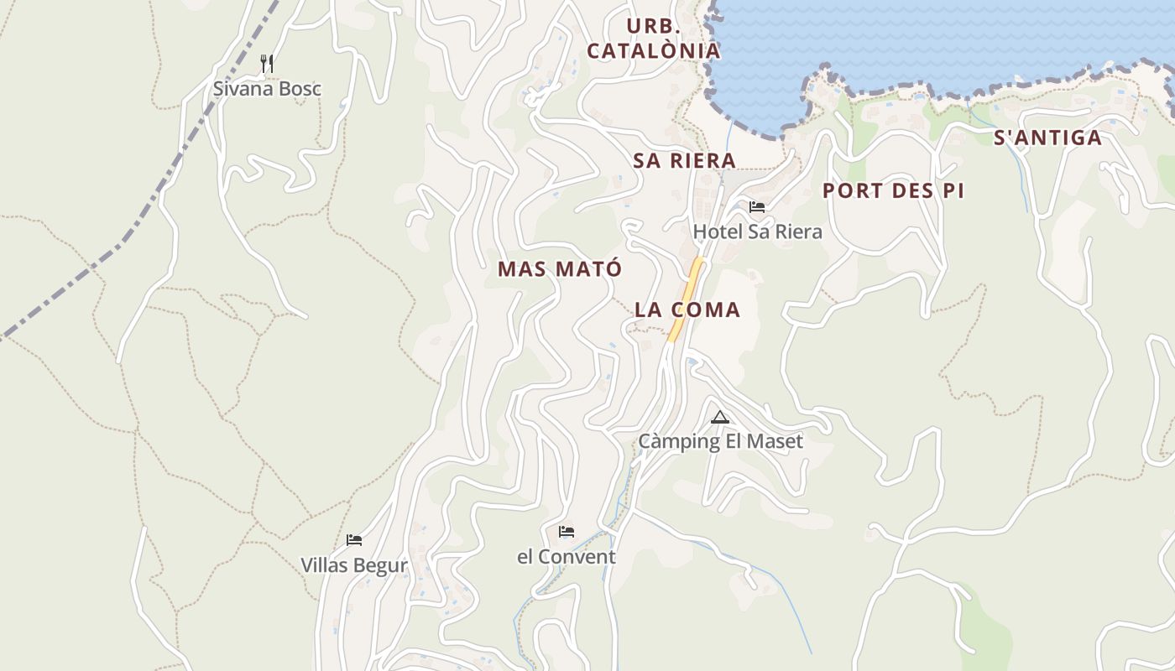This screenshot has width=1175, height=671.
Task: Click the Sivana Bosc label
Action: (267, 89)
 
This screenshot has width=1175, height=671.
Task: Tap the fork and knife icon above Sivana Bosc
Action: (267, 63)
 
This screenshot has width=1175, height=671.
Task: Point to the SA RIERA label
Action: (684, 160)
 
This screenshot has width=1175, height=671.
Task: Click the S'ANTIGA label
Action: (1047, 138)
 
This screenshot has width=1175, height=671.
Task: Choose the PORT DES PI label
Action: (893, 190)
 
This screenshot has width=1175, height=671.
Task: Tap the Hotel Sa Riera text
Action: (757, 231)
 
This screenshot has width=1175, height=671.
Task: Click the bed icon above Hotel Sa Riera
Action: (757, 207)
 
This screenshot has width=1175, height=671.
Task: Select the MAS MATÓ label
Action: (560, 269)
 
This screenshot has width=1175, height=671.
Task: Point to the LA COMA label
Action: (687, 309)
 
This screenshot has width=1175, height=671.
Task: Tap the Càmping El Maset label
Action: (720, 441)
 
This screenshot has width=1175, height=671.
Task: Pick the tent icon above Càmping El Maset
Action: (720, 417)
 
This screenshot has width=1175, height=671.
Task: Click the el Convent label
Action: (566, 556)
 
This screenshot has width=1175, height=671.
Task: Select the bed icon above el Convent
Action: (567, 532)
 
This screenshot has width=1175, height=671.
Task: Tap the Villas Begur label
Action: (354, 564)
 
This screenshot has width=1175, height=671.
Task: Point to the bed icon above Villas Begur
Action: (354, 540)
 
